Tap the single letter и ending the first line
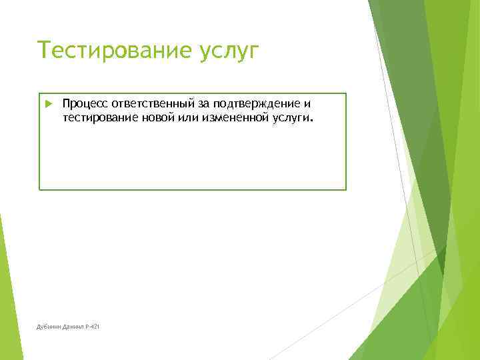tap(308, 104)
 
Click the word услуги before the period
tap(289, 118)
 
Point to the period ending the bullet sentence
tap(310, 121)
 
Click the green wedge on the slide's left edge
tap(8, 293)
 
